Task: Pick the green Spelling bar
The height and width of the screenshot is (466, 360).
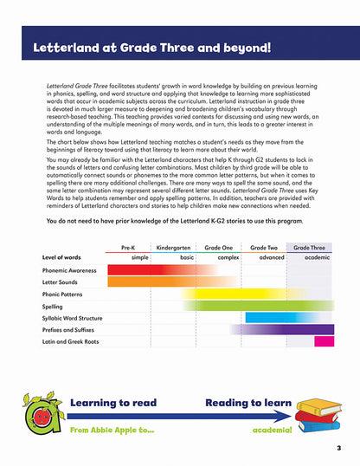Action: [260, 306]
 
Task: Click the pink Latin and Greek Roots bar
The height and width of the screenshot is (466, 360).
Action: [324, 341]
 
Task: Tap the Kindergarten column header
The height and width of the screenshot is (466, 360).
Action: [175, 247]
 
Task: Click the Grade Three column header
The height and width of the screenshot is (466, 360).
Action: [310, 247]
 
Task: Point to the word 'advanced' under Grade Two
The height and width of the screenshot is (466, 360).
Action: [270, 257]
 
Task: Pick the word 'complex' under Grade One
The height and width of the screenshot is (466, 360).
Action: [228, 257]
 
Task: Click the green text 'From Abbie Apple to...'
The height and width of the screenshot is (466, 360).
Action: [111, 430]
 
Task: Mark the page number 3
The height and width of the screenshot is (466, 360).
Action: [339, 447]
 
